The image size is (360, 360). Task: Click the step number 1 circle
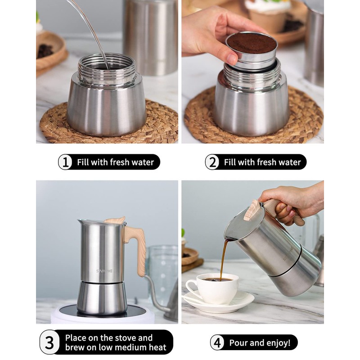[65, 162]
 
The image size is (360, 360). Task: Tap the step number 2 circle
[212, 162]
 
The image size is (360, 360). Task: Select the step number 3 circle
[49, 342]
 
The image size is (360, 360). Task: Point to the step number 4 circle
[217, 342]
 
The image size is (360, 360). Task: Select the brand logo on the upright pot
[104, 271]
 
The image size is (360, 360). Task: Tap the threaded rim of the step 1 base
[107, 69]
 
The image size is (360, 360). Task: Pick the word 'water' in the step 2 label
[290, 162]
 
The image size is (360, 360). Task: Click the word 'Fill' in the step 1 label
[83, 162]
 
